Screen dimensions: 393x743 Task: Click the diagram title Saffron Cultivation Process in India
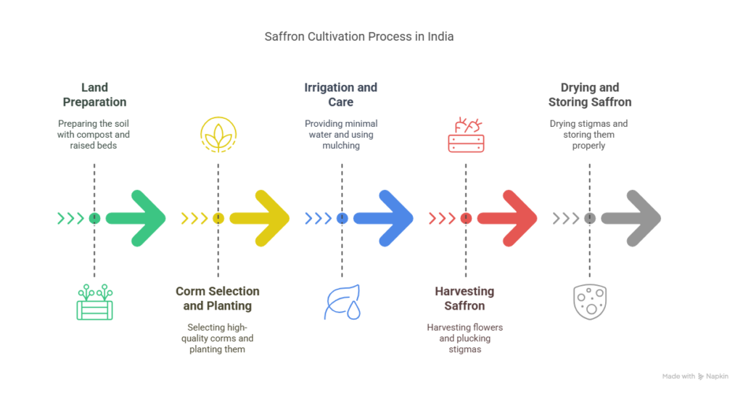click(x=359, y=36)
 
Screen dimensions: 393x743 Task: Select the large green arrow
click(x=138, y=218)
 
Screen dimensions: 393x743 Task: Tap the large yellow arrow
click(x=261, y=218)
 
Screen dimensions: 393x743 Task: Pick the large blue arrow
click(x=385, y=218)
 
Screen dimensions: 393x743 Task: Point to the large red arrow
click(x=509, y=218)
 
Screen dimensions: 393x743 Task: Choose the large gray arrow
click(x=633, y=218)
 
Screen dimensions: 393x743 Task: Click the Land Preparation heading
click(x=94, y=95)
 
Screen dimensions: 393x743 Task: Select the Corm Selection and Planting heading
click(x=218, y=298)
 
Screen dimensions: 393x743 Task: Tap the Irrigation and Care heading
click(x=341, y=95)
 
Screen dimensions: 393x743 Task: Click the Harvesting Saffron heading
click(x=464, y=298)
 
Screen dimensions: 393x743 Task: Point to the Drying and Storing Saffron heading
click(x=589, y=95)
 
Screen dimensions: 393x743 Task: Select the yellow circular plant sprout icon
click(x=218, y=135)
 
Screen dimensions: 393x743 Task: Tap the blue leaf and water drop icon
click(x=342, y=303)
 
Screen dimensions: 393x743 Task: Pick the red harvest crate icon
click(x=466, y=135)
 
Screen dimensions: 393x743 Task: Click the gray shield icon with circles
click(x=589, y=302)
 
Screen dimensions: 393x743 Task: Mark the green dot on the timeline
click(x=94, y=218)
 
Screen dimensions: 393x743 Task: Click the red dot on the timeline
click(x=466, y=218)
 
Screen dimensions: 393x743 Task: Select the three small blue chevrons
click(x=318, y=218)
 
